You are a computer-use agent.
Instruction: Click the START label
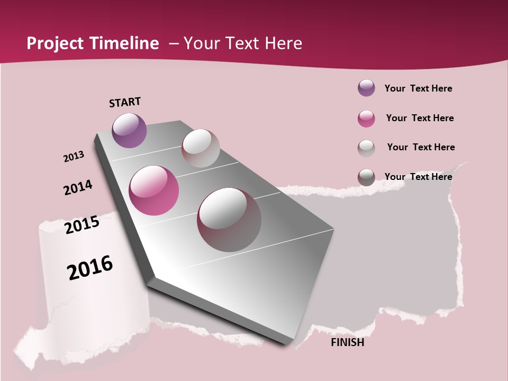125,102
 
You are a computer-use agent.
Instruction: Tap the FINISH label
347,342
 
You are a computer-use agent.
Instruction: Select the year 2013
74,157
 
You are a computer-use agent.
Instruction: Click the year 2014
78,187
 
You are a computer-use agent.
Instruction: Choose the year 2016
90,268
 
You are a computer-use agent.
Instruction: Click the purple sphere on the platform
129,130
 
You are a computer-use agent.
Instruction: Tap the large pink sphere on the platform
154,190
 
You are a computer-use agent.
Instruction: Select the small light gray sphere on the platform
201,148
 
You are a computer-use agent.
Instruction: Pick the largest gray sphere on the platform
229,220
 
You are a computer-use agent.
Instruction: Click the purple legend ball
366,88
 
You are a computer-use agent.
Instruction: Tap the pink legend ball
366,119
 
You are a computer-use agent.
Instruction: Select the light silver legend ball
366,148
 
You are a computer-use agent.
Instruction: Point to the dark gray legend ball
366,177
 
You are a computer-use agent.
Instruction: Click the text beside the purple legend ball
418,88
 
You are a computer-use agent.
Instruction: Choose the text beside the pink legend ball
420,118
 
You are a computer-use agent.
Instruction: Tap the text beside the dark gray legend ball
418,177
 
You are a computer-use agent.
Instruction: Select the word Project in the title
55,43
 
